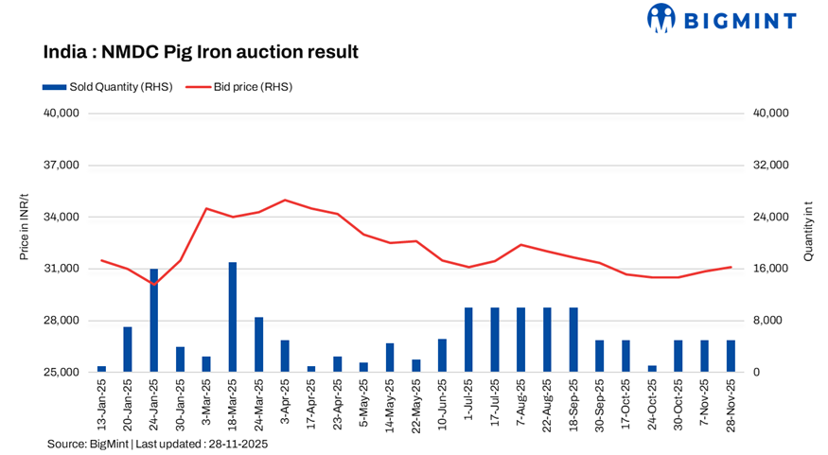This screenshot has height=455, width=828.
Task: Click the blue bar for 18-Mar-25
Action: (233, 317)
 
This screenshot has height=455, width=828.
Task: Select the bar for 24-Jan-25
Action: (154, 321)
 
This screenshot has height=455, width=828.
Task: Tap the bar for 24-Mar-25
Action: (258, 344)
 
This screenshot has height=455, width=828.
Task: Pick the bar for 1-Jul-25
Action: (468, 340)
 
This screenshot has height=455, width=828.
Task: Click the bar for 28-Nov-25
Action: (731, 356)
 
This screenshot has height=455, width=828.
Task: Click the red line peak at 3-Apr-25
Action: (285, 201)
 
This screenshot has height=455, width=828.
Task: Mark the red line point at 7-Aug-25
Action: (521, 245)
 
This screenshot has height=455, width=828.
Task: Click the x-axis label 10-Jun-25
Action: (442, 404)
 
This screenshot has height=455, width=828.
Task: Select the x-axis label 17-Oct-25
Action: (625, 404)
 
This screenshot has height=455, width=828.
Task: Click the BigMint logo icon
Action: (662, 19)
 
